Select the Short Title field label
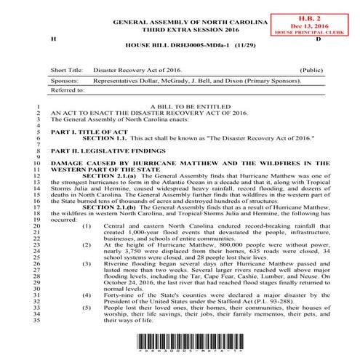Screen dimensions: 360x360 click(68, 69)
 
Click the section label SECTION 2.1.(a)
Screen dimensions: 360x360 click(107, 177)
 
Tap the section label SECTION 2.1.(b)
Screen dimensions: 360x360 click(108, 206)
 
